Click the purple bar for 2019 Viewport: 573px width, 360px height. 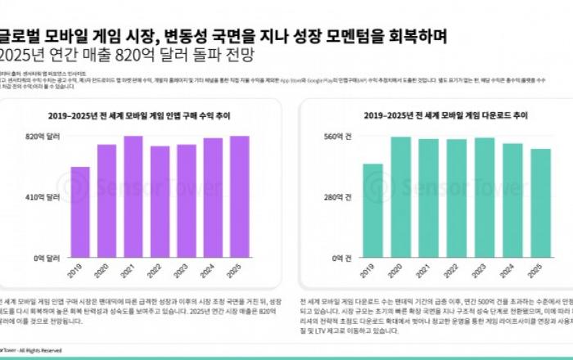coord(80,212)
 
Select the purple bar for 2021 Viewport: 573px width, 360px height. coord(133,196)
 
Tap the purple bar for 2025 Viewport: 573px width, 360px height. coord(239,196)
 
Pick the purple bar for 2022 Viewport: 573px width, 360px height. coord(160,201)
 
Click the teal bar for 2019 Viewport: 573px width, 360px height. coord(372,210)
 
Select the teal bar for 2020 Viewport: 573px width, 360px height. coord(400,197)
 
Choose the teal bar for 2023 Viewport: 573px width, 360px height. coord(485,197)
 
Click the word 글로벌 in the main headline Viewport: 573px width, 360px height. coord(18,36)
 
